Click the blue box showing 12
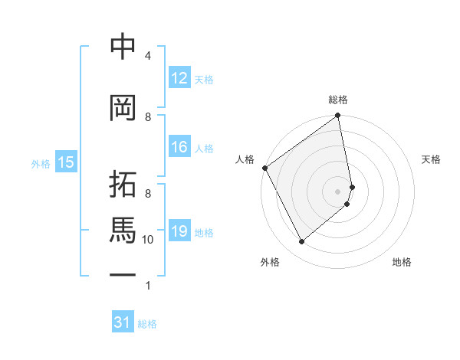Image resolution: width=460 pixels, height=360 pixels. pyautogui.click(x=179, y=78)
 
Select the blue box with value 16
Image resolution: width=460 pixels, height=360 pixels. pyautogui.click(x=179, y=148)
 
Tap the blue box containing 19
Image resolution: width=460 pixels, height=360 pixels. pyautogui.click(x=179, y=231)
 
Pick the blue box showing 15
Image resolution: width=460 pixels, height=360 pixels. pyautogui.click(x=65, y=162)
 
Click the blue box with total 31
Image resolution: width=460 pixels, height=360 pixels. pyautogui.click(x=123, y=322)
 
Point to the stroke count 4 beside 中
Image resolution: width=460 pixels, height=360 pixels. pyautogui.click(x=148, y=56)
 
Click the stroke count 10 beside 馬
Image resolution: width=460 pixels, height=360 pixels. pyautogui.click(x=148, y=240)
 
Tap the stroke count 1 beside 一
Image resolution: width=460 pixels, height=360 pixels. pyautogui.click(x=148, y=286)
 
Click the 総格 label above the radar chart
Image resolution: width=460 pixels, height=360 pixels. pyautogui.click(x=338, y=100)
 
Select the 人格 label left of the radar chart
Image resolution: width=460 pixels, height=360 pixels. pyautogui.click(x=245, y=159)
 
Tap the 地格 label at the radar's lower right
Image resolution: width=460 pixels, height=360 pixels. pyautogui.click(x=402, y=262)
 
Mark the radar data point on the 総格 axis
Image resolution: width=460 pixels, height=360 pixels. pyautogui.click(x=337, y=116)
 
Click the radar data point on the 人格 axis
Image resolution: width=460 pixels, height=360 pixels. pyautogui.click(x=265, y=168)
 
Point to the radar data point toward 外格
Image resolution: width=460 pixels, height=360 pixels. pyautogui.click(x=301, y=241)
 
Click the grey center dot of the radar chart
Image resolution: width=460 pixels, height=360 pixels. pyautogui.click(x=338, y=191)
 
